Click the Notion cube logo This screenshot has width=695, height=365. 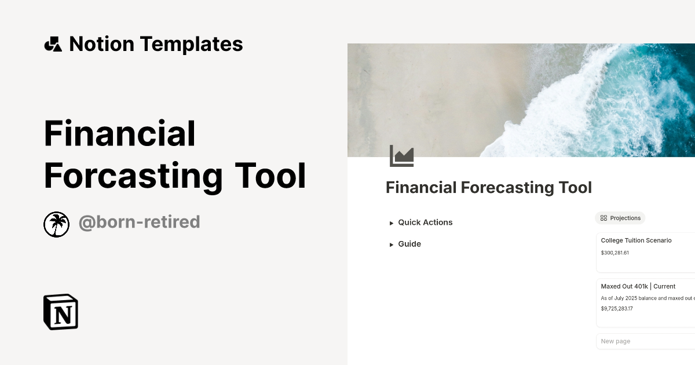(61, 312)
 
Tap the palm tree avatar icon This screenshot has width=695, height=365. (56, 224)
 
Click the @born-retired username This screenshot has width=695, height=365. (139, 222)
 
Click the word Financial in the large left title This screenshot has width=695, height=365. (120, 133)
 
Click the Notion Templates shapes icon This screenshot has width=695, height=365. (53, 44)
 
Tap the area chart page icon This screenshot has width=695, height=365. (401, 156)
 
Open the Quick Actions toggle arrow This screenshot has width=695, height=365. (392, 223)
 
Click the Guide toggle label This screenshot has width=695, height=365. (409, 244)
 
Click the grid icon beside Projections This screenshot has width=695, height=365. (603, 218)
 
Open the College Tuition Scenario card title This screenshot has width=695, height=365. (636, 240)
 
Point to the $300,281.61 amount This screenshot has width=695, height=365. (614, 253)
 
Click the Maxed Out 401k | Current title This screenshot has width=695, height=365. (638, 286)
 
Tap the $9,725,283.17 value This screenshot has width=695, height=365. (617, 308)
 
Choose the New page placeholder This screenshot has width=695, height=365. (615, 341)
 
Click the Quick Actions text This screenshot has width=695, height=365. (425, 222)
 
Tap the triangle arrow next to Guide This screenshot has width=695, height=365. (392, 244)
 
